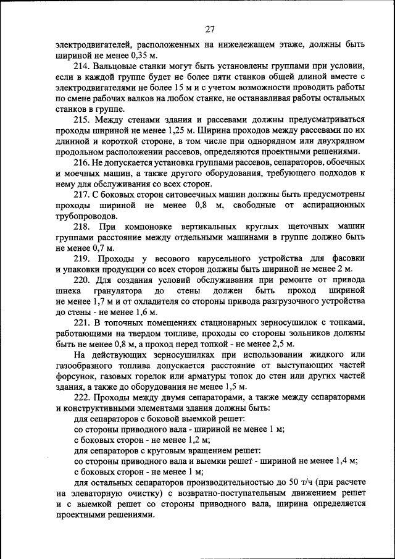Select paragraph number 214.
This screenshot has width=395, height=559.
coord(83,66)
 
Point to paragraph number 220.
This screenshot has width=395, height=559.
coord(83,280)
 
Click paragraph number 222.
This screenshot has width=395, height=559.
coord(83,397)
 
